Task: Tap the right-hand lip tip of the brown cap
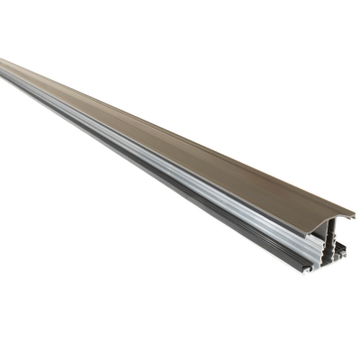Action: tap(352, 216)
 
